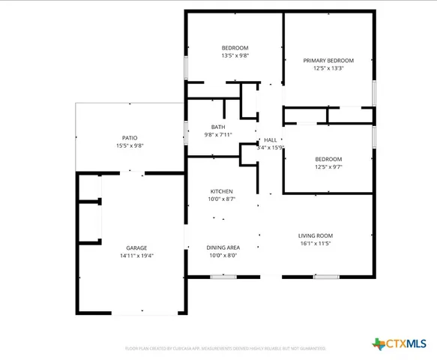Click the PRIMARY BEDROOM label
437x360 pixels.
(x=328, y=60)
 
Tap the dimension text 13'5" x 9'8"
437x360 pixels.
(x=234, y=55)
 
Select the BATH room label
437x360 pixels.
(x=217, y=127)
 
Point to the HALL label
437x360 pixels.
(x=270, y=139)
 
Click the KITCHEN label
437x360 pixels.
(x=221, y=191)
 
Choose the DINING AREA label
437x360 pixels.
(x=223, y=247)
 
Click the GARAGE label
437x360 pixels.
(x=136, y=247)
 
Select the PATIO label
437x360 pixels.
(x=130, y=138)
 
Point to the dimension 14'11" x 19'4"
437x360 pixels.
(x=136, y=256)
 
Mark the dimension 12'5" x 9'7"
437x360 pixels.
(x=328, y=167)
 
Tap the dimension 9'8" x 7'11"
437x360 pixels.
(x=217, y=135)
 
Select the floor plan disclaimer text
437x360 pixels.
(x=224, y=348)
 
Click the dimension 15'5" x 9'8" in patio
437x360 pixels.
(x=130, y=146)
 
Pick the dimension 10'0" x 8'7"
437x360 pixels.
(x=221, y=199)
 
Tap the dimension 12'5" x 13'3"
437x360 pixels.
(x=328, y=68)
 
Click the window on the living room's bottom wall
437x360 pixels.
(x=325, y=277)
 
